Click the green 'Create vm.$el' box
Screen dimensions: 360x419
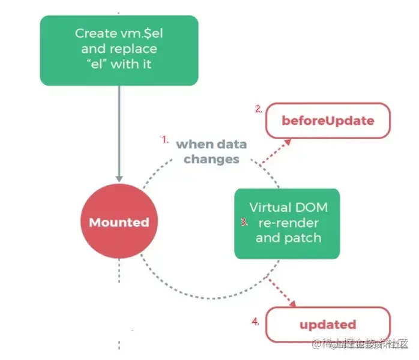click(119, 50)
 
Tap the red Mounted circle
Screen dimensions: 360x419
click(119, 223)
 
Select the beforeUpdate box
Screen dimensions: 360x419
click(328, 120)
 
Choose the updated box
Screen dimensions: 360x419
click(328, 325)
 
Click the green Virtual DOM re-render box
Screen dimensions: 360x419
click(287, 223)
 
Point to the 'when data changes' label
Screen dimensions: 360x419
click(211, 151)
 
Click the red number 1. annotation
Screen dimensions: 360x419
click(164, 139)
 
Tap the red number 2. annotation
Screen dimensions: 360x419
click(259, 109)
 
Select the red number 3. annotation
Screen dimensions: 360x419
click(244, 221)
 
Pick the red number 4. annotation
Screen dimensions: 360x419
click(255, 322)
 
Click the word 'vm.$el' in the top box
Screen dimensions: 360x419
click(142, 34)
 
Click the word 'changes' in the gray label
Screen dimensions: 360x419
click(211, 159)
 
